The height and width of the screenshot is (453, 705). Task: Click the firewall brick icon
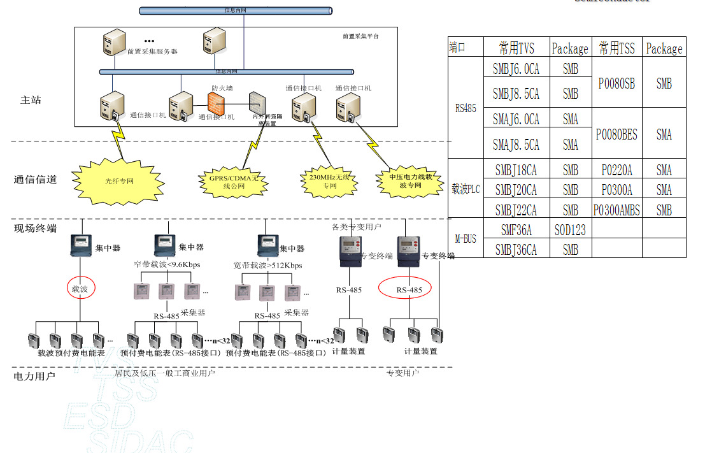pos(217,103)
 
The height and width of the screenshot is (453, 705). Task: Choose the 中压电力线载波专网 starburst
pos(410,181)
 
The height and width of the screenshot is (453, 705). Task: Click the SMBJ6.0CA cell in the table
pos(516,68)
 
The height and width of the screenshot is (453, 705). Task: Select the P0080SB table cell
pos(616,83)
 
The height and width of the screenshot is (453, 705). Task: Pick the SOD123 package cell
pos(570,229)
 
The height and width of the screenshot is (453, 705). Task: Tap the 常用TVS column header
pos(516,48)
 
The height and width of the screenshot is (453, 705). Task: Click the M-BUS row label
pos(466,239)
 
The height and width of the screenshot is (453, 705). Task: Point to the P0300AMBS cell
pos(616,210)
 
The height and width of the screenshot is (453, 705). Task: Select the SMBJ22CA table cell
pos(516,210)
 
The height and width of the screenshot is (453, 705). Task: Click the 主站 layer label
pos(31,100)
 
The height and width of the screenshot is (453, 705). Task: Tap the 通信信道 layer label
pos(35,180)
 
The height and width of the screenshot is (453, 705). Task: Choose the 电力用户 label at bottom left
pos(34,376)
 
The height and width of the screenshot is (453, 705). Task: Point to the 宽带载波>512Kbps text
pos(268,265)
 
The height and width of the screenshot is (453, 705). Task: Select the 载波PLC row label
pos(466,189)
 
